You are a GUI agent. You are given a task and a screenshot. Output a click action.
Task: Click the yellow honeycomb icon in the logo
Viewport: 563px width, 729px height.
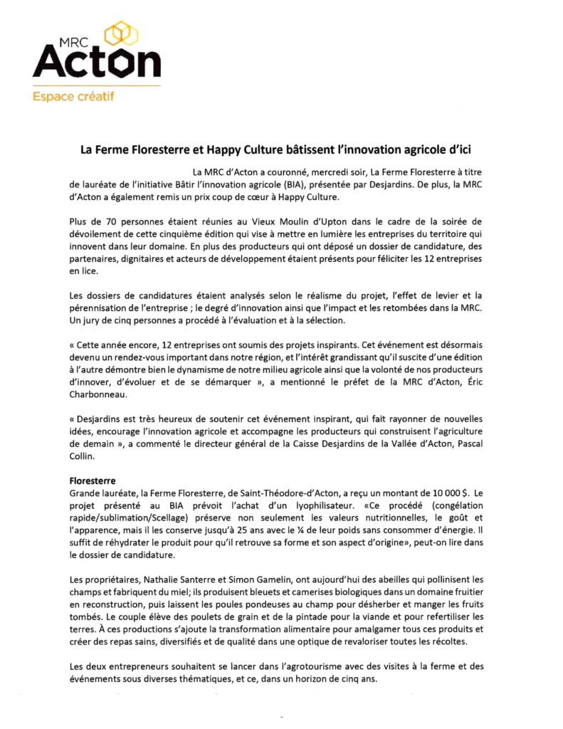pos(122,33)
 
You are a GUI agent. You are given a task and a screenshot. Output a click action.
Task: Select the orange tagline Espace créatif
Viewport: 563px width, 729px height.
pos(73,95)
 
